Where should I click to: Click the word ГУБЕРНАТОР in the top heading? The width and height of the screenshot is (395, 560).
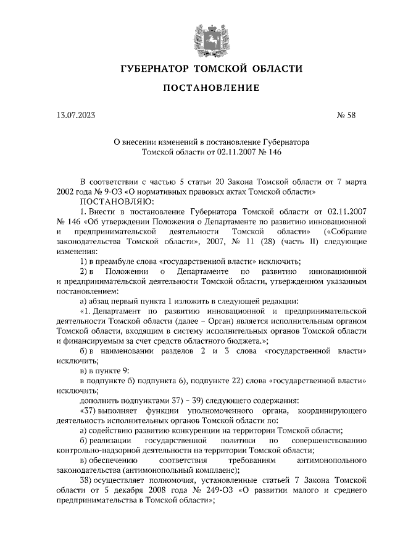pyautogui.click(x=154, y=69)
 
